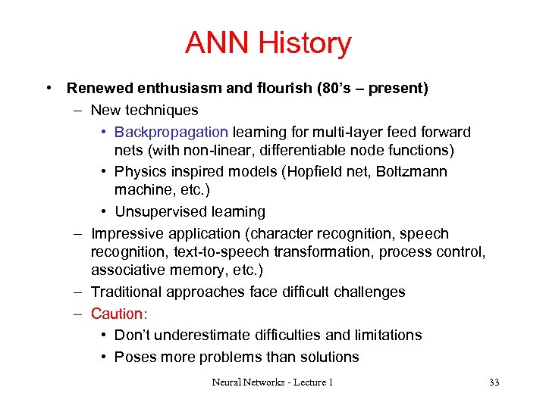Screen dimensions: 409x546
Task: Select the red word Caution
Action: (117, 314)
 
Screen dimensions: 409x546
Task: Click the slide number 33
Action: (494, 382)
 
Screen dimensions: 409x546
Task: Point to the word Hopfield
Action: (312, 172)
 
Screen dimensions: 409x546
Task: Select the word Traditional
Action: (125, 292)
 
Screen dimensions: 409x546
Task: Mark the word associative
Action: (125, 270)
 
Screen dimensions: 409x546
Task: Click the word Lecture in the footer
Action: (302, 382)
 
